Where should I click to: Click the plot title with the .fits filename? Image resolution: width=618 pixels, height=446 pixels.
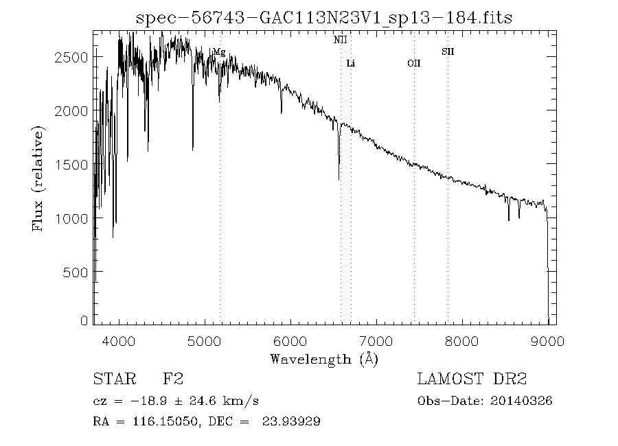(323, 17)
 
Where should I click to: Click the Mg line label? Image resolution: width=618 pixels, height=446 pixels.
(219, 52)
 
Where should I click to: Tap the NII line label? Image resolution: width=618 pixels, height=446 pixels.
(341, 40)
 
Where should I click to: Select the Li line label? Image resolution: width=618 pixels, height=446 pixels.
(351, 64)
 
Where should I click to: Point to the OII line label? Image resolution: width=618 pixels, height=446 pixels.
(414, 64)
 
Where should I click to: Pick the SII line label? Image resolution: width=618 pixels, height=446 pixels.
(448, 51)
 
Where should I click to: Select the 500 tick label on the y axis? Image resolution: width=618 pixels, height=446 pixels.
(76, 272)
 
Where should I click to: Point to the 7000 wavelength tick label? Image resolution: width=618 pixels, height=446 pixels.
(376, 340)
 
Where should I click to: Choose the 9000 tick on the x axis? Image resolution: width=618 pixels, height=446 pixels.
(547, 340)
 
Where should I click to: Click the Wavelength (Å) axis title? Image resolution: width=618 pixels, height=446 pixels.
(324, 359)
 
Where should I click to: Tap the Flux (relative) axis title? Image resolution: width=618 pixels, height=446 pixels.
(39, 178)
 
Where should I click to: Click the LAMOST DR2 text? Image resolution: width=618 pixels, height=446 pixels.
(472, 379)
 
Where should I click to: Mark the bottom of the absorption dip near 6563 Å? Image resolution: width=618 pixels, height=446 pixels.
(339, 180)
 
